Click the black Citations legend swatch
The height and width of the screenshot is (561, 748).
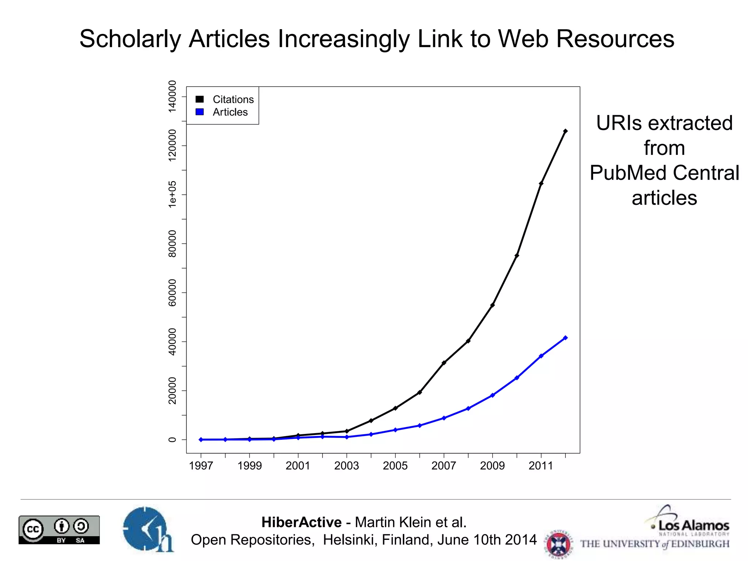coord(199,99)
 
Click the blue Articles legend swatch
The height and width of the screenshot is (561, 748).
coord(199,112)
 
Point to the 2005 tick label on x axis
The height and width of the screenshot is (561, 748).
coord(395,466)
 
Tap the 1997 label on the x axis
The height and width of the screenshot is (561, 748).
coord(201,466)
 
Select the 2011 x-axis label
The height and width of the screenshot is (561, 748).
coord(541,466)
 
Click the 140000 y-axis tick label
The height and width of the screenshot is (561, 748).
coord(172,96)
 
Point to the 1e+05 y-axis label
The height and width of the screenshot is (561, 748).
coord(172,194)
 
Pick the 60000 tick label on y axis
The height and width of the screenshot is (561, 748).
coord(172,293)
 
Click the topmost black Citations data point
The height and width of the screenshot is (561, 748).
coord(565,131)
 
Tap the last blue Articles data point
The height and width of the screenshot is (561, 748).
coord(565,338)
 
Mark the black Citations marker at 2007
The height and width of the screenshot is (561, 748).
coord(444,363)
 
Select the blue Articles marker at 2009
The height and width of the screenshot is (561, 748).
coord(492,395)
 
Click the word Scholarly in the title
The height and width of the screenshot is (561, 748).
coord(130,39)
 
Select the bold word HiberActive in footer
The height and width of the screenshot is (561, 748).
coord(301,522)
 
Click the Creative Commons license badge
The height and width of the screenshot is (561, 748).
coord(59,530)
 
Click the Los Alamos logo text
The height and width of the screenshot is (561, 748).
coord(693,526)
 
